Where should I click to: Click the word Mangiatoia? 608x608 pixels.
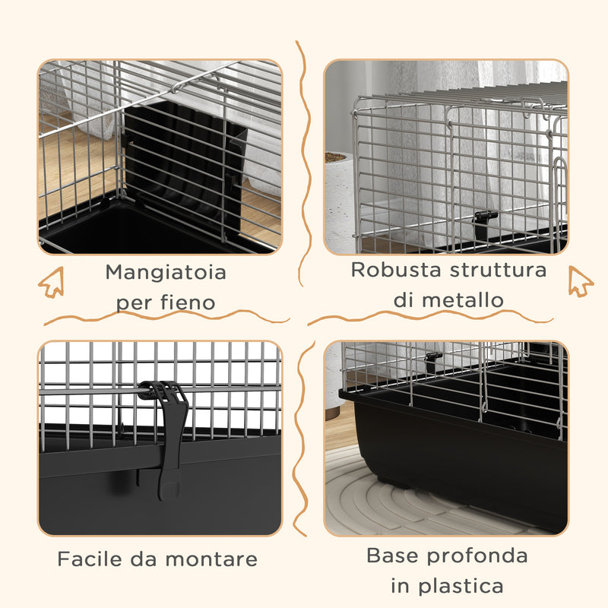point(166,271)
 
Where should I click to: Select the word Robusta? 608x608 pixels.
point(394,270)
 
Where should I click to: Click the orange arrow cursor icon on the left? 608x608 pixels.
point(51,283)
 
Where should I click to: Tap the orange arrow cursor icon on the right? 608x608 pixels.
point(581,281)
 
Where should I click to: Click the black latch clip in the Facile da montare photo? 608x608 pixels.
point(164,433)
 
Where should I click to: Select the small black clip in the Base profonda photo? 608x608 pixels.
point(434,356)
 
